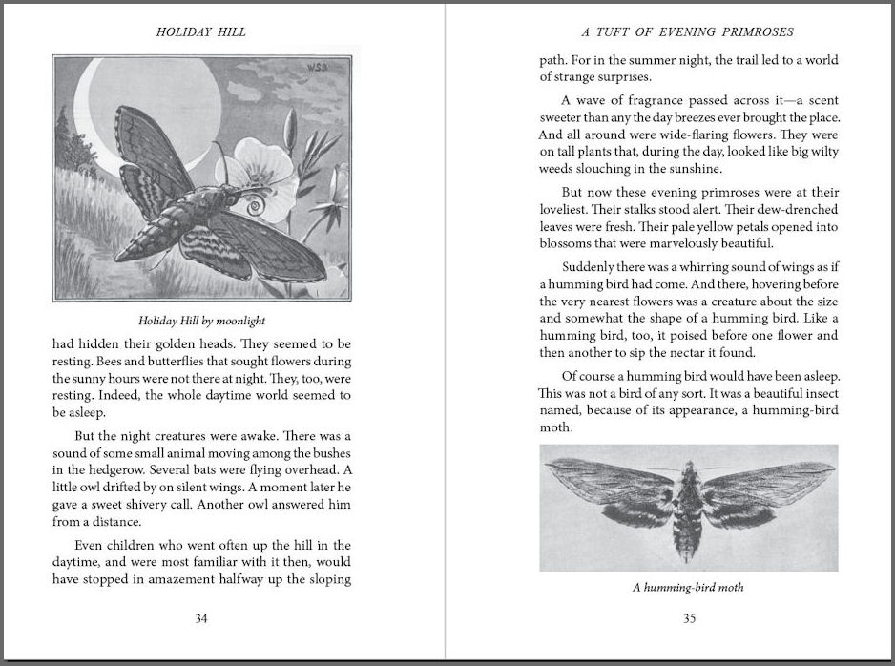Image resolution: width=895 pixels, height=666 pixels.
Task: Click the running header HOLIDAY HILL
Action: pyautogui.click(x=200, y=31)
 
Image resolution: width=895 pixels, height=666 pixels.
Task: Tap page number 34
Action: pyautogui.click(x=201, y=618)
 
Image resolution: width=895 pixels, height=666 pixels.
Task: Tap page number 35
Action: pyautogui.click(x=689, y=618)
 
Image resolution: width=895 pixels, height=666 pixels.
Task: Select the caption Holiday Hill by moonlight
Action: pyautogui.click(x=201, y=321)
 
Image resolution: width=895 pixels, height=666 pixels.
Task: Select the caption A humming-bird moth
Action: pyautogui.click(x=688, y=587)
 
